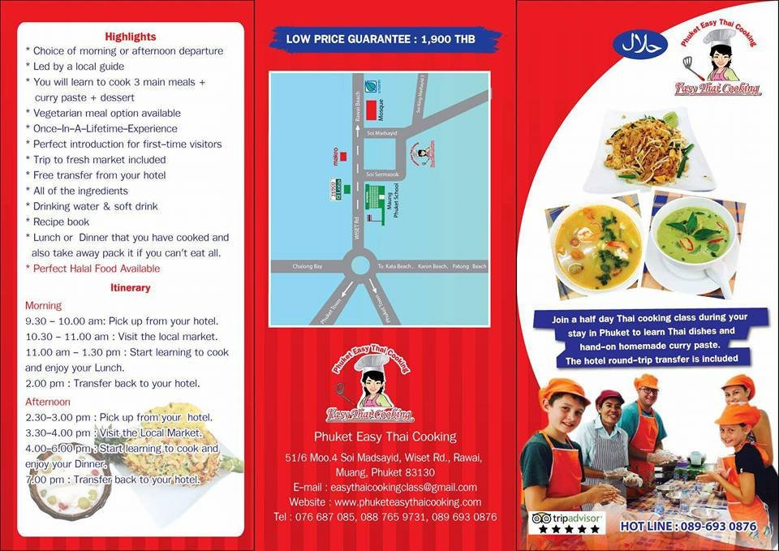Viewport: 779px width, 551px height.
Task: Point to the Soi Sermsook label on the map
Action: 381,174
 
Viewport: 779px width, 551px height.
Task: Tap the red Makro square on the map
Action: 344,156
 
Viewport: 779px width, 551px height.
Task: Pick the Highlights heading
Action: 131,37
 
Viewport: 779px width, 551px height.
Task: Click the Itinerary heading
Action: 130,287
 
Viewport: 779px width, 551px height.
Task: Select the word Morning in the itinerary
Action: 43,306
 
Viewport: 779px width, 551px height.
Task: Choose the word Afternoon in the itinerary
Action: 48,402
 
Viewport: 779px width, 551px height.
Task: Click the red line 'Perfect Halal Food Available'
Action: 97,269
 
